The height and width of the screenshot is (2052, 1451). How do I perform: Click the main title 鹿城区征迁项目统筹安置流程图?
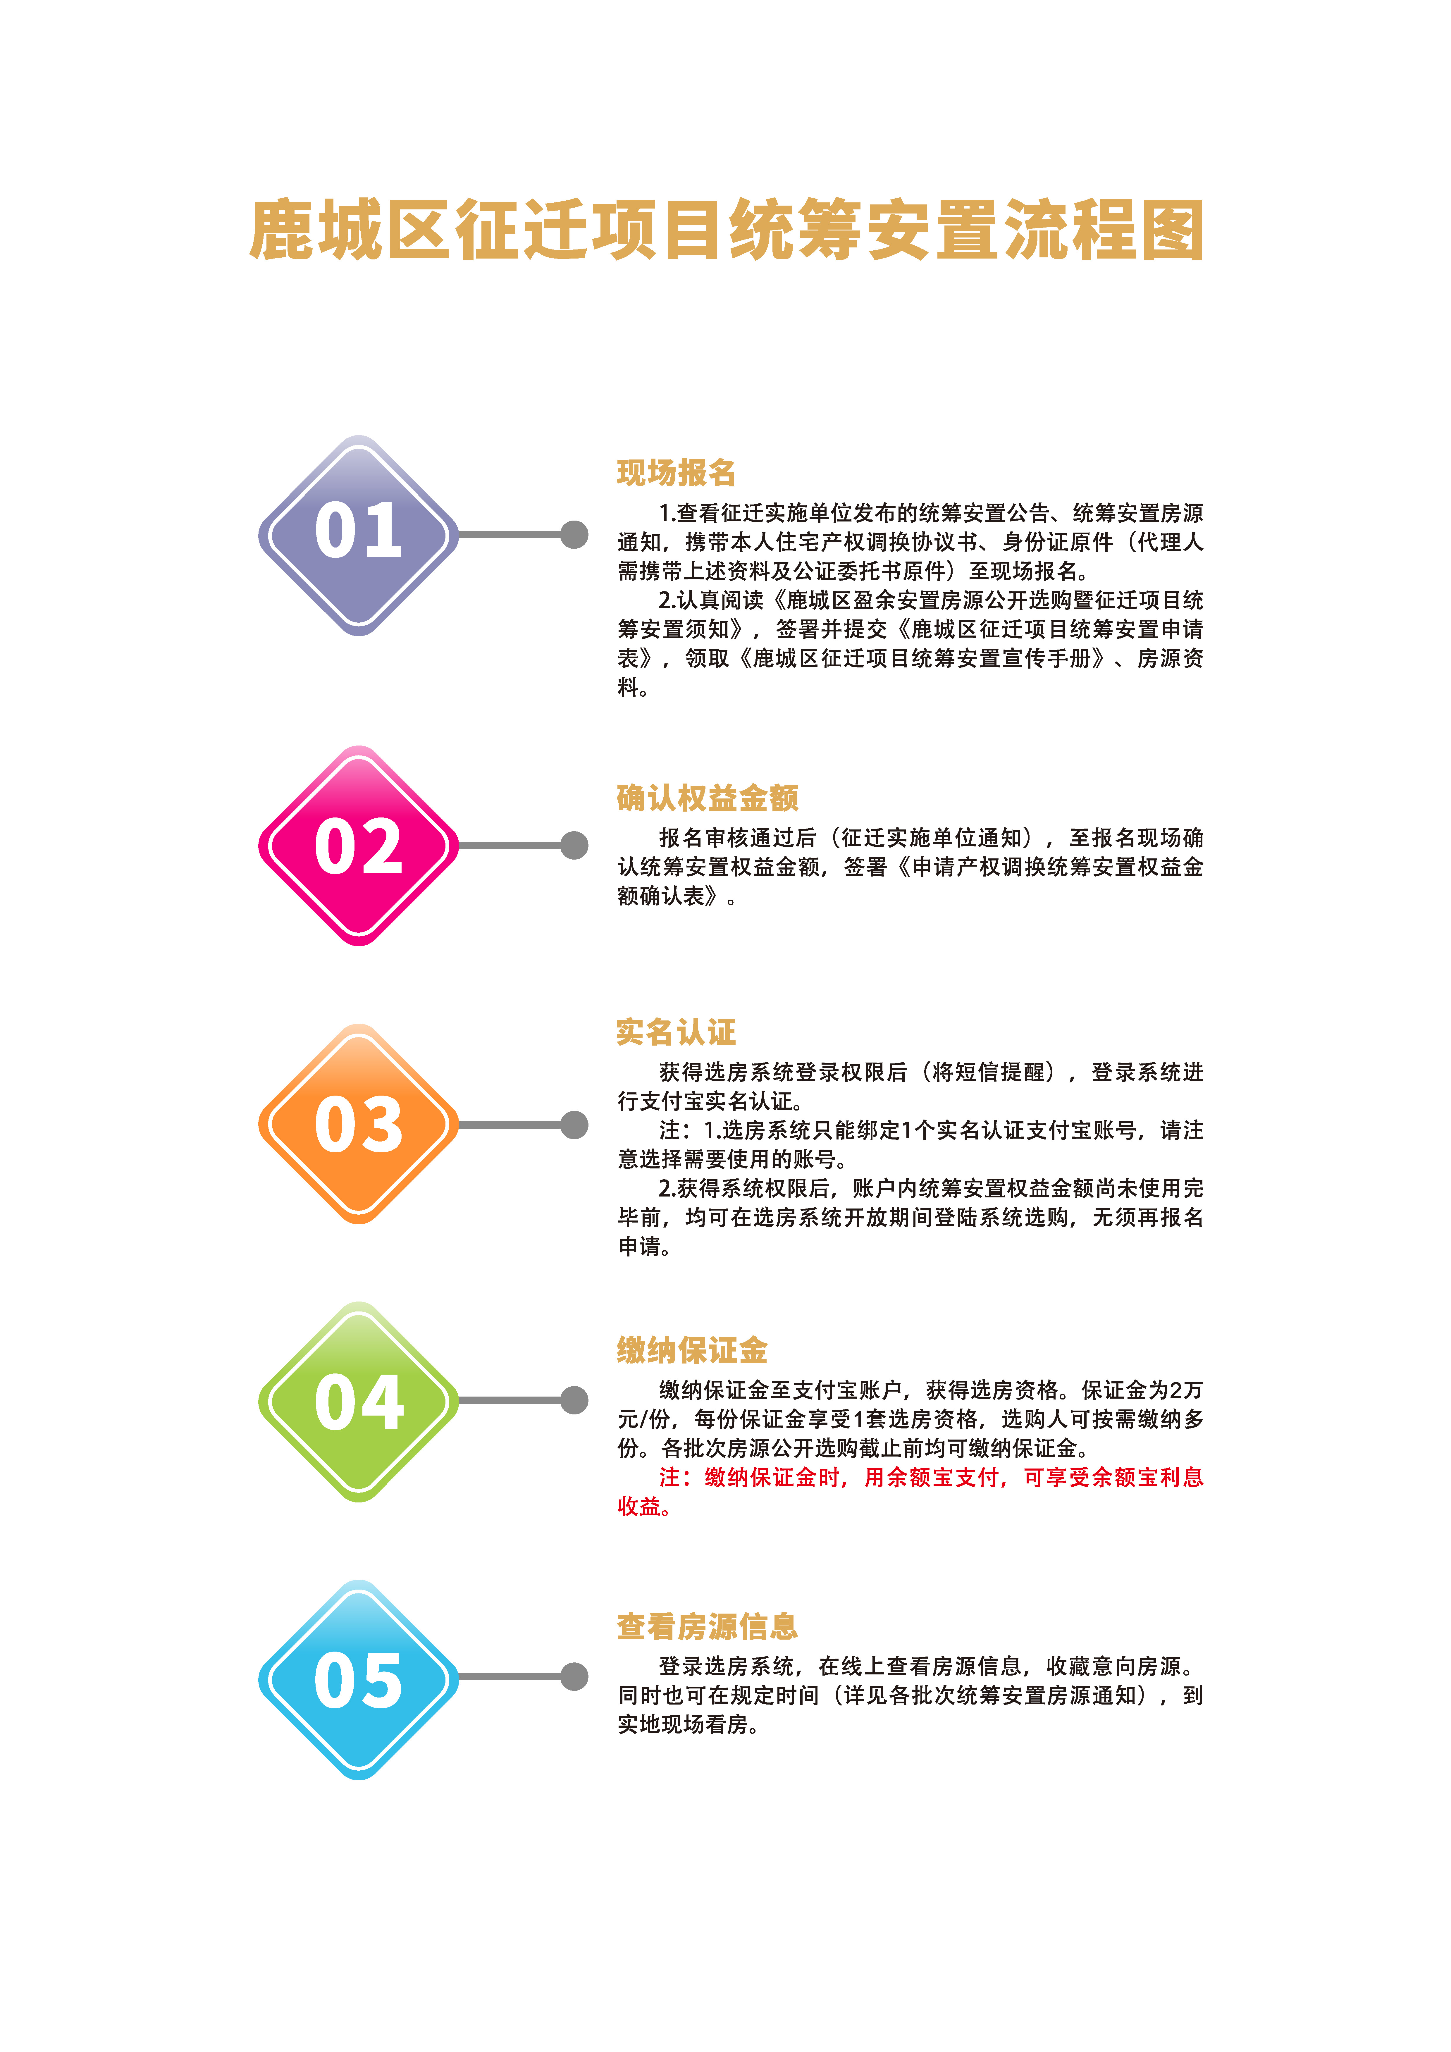tap(726, 230)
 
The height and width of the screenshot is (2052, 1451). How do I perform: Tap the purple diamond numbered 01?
tap(359, 535)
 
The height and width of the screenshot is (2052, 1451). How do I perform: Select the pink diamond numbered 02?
tap(359, 846)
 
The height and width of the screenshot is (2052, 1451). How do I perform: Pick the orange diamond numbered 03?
tap(359, 1124)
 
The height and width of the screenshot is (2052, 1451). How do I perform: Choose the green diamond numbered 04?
tap(359, 1401)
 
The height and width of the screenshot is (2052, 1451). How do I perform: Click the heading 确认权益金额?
tap(707, 797)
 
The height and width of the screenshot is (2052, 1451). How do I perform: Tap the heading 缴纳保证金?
tap(692, 1349)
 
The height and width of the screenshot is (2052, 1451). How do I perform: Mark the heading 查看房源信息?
tap(707, 1626)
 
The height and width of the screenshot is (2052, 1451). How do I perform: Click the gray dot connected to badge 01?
tap(574, 534)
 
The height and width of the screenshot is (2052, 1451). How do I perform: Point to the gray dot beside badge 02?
tap(574, 845)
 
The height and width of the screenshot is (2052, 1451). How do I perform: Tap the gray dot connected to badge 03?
tap(574, 1124)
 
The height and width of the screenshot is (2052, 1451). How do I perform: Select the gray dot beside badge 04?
tap(574, 1400)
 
